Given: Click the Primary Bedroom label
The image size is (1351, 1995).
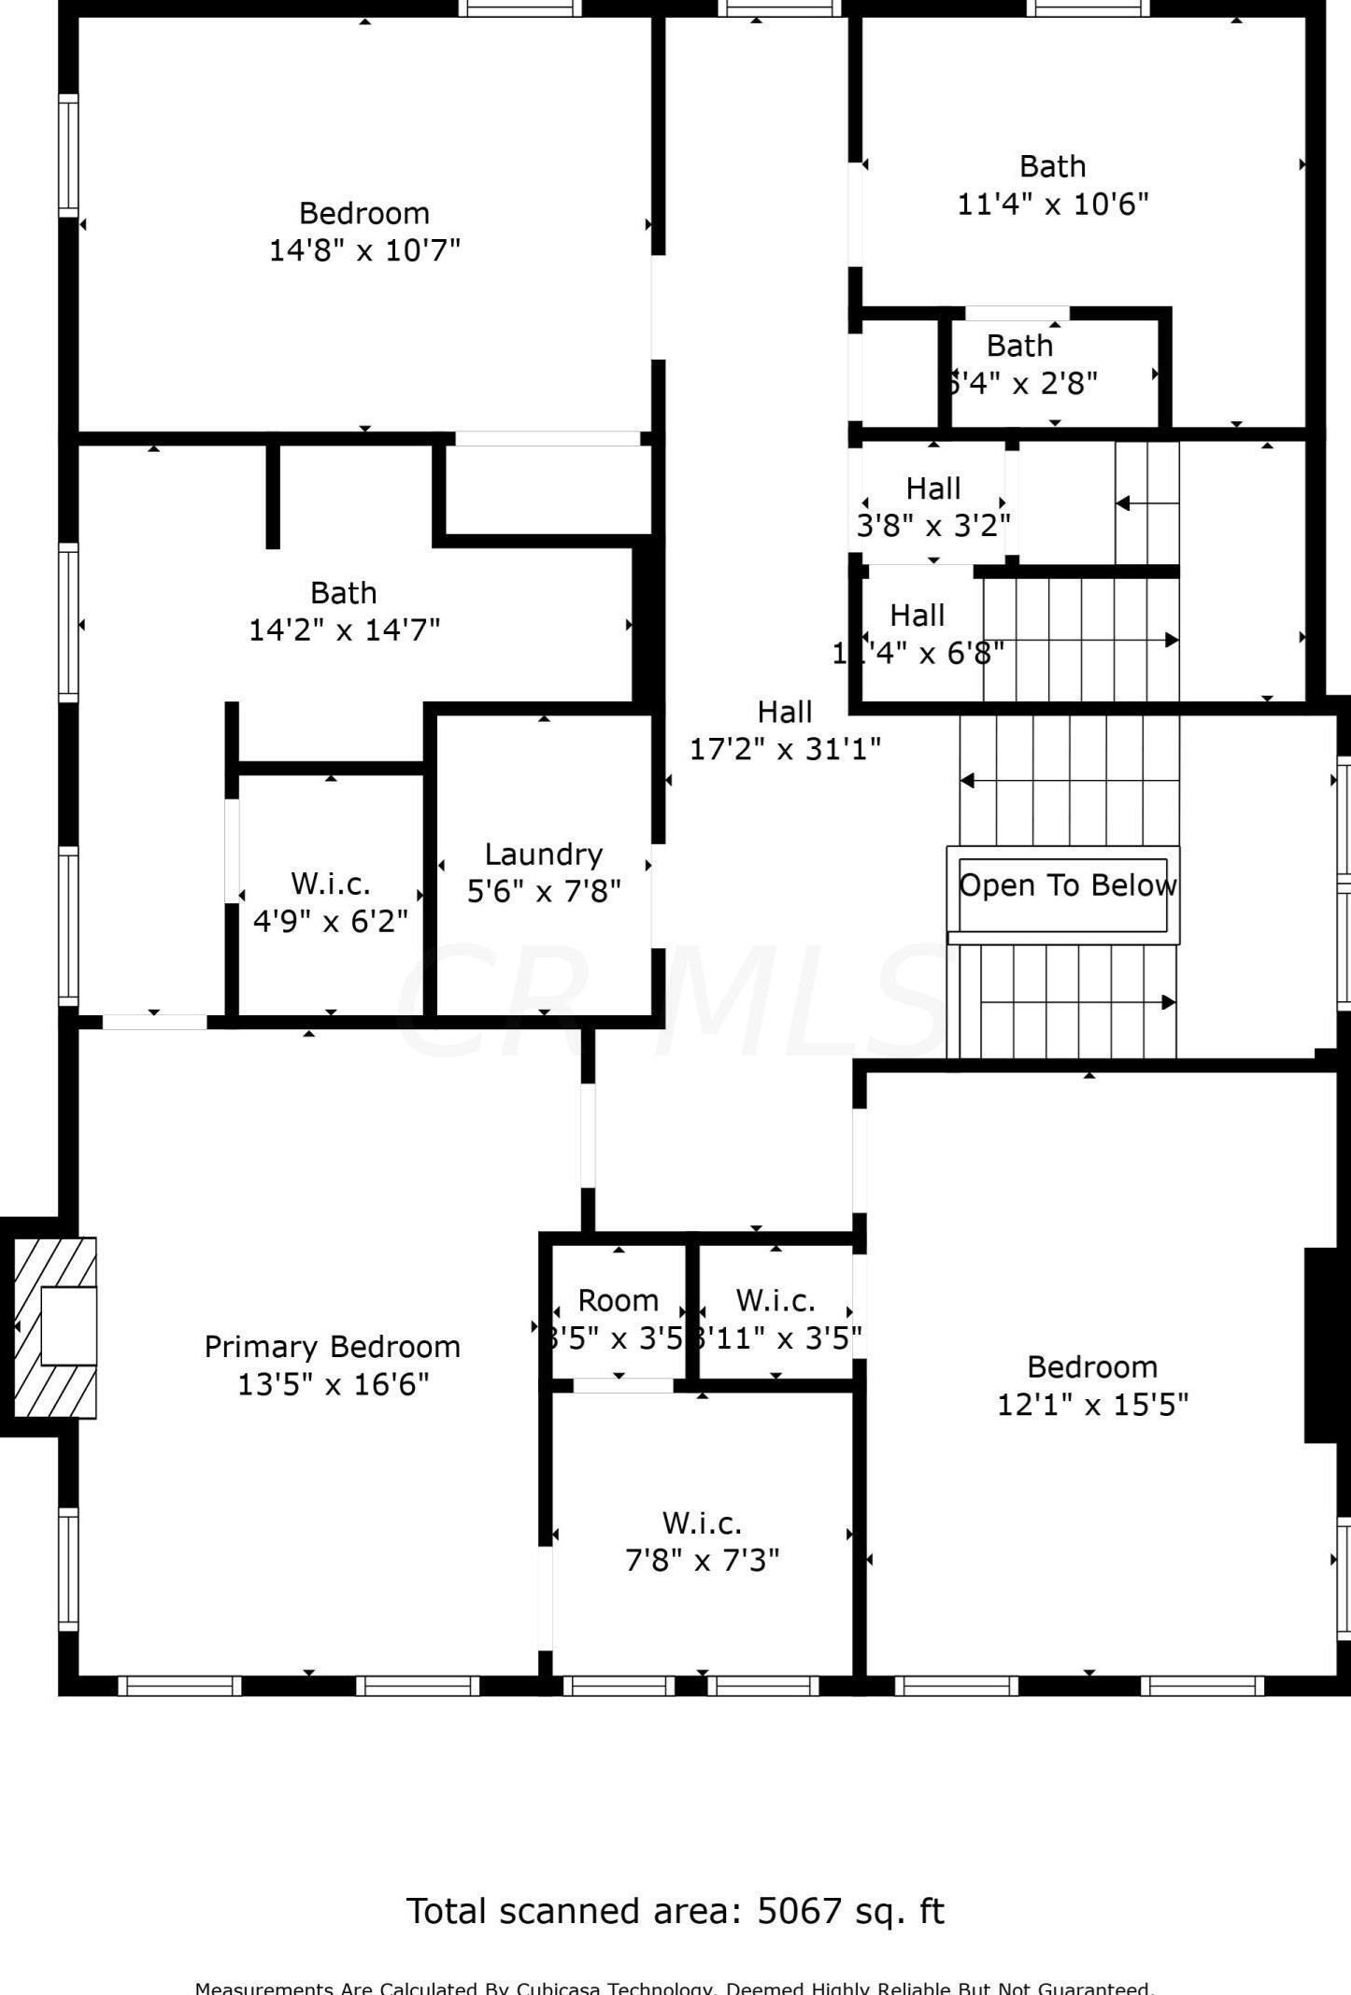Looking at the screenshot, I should pyautogui.click(x=332, y=1346).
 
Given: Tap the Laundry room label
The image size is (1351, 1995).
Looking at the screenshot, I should pyautogui.click(x=543, y=854).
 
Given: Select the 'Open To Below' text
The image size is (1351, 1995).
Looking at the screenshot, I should pyautogui.click(x=1067, y=884).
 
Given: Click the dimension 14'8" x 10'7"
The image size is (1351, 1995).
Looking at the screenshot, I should pyautogui.click(x=364, y=250).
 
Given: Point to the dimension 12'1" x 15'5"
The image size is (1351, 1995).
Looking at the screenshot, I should pyautogui.click(x=1092, y=1404).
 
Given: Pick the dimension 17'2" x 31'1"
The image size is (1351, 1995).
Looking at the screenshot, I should pyautogui.click(x=785, y=748).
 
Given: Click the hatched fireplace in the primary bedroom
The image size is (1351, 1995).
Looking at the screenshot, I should pyautogui.click(x=55, y=1326).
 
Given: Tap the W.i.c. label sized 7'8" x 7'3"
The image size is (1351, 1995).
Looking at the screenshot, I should pyautogui.click(x=702, y=1522).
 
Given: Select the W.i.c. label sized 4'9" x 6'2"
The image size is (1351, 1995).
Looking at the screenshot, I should pyautogui.click(x=331, y=883).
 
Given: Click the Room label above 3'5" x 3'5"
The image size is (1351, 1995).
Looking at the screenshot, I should pyautogui.click(x=618, y=1300).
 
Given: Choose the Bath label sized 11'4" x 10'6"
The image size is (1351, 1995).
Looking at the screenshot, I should pyautogui.click(x=1052, y=166).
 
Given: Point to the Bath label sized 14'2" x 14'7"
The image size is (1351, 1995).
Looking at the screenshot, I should pyautogui.click(x=344, y=592).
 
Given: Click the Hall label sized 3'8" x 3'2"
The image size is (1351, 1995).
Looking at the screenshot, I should pyautogui.click(x=933, y=488).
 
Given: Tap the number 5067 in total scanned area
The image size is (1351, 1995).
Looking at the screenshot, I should pyautogui.click(x=799, y=1912).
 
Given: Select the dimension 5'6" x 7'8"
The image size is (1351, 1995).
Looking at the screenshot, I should pyautogui.click(x=544, y=891).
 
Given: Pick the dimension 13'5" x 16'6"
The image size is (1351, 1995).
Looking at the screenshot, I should pyautogui.click(x=333, y=1383).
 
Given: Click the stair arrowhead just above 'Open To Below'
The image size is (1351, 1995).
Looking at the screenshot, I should pyautogui.click(x=968, y=780).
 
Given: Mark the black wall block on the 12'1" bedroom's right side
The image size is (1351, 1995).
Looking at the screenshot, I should pyautogui.click(x=1320, y=1345).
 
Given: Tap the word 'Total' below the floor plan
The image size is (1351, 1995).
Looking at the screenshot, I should pyautogui.click(x=446, y=1912).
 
